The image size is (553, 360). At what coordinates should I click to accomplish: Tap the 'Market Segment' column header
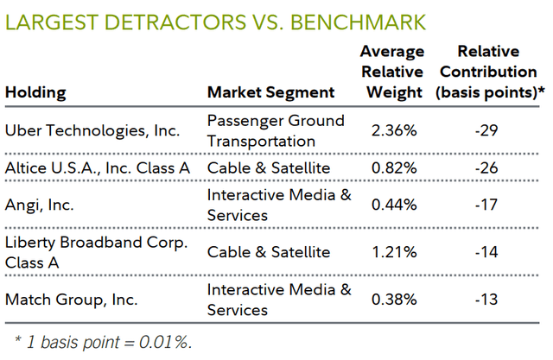click(x=270, y=92)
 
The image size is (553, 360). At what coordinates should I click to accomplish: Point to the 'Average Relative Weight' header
click(x=391, y=73)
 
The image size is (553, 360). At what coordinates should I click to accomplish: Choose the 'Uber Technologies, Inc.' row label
click(x=92, y=130)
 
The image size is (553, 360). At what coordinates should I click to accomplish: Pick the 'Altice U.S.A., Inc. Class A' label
click(x=98, y=167)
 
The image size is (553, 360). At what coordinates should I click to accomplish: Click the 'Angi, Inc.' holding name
click(x=39, y=205)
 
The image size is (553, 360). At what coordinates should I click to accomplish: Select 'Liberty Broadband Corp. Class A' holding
click(x=96, y=251)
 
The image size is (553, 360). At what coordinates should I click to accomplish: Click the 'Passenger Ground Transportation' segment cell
click(x=276, y=130)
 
